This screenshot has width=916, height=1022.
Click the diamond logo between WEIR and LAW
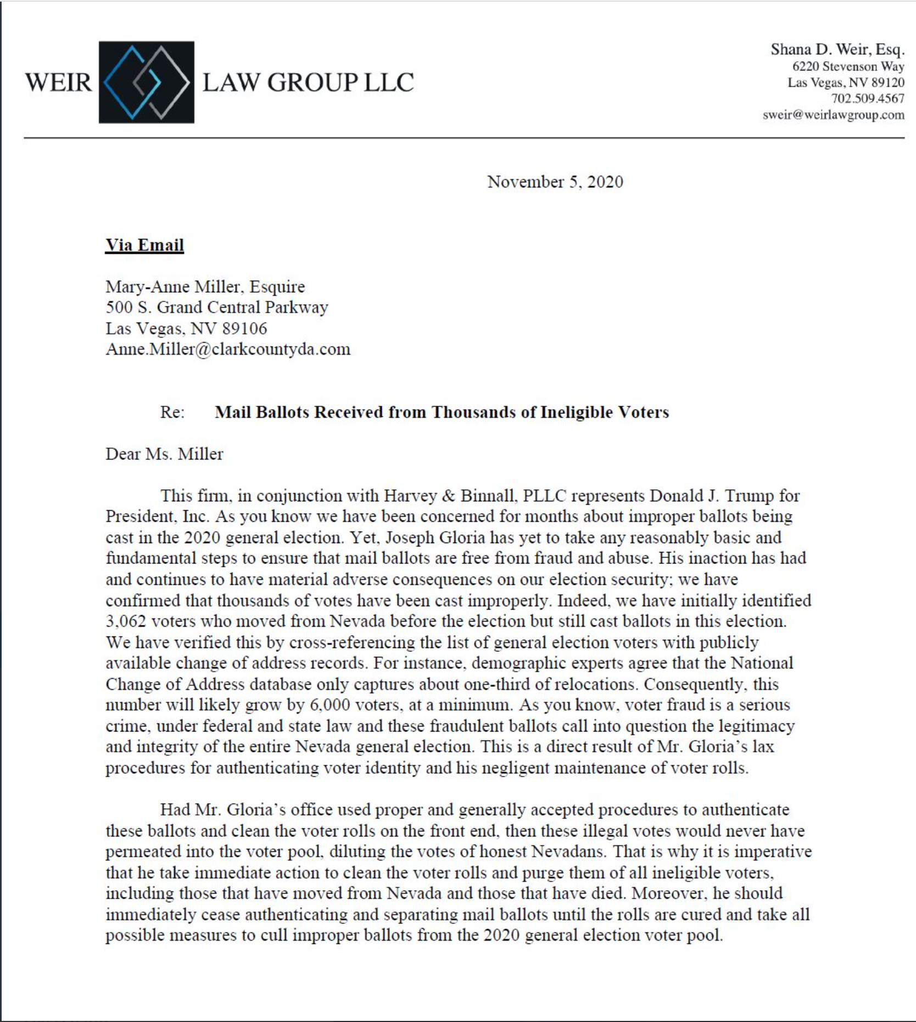point(146,82)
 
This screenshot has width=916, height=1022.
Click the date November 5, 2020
point(555,182)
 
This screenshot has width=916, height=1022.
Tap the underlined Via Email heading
point(144,245)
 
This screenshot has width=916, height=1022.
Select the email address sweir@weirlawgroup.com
point(833,115)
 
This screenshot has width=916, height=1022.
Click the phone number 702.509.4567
point(867,99)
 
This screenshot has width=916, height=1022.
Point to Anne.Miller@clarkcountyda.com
point(228,349)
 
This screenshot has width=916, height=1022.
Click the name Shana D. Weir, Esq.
point(837,50)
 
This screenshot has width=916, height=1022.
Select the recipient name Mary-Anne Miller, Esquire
point(205,287)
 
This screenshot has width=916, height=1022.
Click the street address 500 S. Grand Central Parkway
point(216,308)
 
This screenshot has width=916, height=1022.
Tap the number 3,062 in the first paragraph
point(126,622)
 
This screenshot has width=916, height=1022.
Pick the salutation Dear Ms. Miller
point(164,454)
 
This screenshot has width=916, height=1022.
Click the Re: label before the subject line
point(172,412)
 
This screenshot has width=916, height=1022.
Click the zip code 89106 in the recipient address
point(244,328)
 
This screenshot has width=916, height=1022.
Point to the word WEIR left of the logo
point(59,82)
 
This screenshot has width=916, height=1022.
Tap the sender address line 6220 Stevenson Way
point(847,67)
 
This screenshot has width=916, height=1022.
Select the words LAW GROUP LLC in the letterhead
point(308,82)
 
